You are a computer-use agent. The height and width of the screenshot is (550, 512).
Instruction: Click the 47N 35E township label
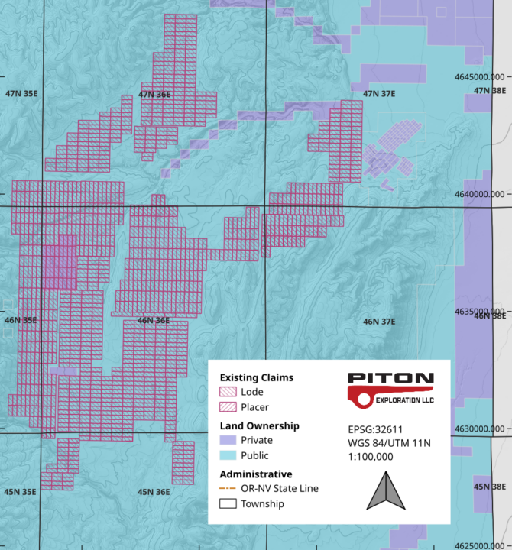21,94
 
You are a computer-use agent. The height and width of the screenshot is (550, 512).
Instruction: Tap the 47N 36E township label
154,94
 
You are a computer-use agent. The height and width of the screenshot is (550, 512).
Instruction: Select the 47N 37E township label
379,94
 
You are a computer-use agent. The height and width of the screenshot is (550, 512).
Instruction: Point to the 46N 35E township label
21,321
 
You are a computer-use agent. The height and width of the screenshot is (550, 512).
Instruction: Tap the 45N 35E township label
21,492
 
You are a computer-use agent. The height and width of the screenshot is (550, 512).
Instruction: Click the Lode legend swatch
229,392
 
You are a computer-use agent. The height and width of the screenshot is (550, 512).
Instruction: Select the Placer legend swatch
229,407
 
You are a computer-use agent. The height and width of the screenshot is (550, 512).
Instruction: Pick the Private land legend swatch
229,440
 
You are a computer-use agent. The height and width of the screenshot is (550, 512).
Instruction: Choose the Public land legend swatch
229,455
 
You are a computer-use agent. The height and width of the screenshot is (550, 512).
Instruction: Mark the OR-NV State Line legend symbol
229,488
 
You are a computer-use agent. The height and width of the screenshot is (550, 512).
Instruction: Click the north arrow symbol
385,490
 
